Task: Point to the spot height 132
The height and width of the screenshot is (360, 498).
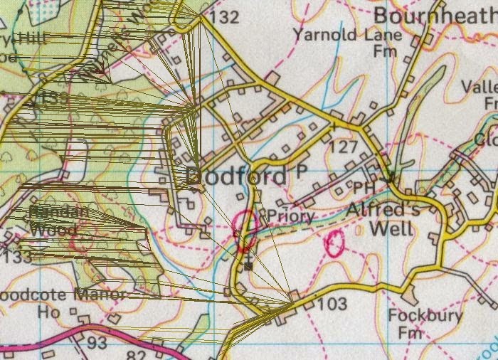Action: (225, 17)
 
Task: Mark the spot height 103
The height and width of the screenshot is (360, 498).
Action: (332, 305)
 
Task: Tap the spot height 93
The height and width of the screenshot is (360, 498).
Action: (97, 343)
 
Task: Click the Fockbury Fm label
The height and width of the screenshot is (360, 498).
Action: (425, 323)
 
